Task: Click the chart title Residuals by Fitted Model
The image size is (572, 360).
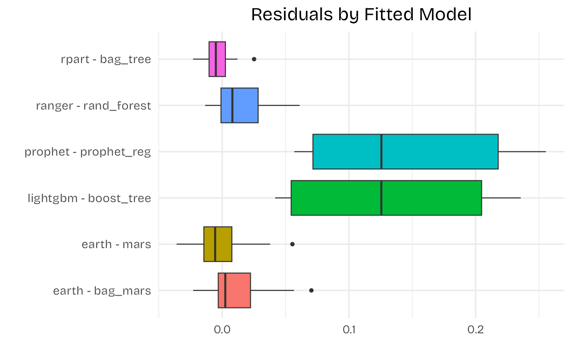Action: click(361, 15)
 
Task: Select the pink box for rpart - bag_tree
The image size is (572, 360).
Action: click(217, 59)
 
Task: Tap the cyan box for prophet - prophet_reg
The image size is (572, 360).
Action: click(405, 151)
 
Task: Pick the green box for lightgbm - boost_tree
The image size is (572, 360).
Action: click(386, 198)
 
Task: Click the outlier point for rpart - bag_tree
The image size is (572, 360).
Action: click(254, 59)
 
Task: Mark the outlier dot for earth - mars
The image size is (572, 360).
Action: click(292, 244)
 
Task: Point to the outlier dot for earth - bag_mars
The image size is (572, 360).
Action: click(312, 290)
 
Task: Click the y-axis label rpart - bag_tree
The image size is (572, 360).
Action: click(106, 59)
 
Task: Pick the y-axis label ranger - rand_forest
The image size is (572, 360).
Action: click(93, 106)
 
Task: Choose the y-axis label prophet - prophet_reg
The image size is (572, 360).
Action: click(88, 152)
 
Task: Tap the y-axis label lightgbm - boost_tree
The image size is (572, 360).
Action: click(89, 198)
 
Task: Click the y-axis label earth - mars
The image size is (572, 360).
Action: click(116, 244)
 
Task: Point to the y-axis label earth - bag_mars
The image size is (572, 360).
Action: click(102, 291)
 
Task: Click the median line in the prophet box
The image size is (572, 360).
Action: click(381, 151)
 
